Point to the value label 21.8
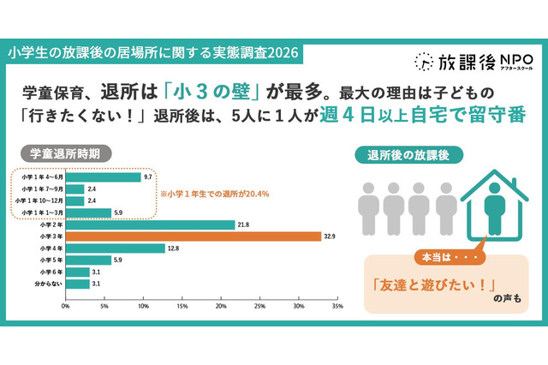click(244, 224)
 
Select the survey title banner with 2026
click(154, 52)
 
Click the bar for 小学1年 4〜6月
click(104, 177)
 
